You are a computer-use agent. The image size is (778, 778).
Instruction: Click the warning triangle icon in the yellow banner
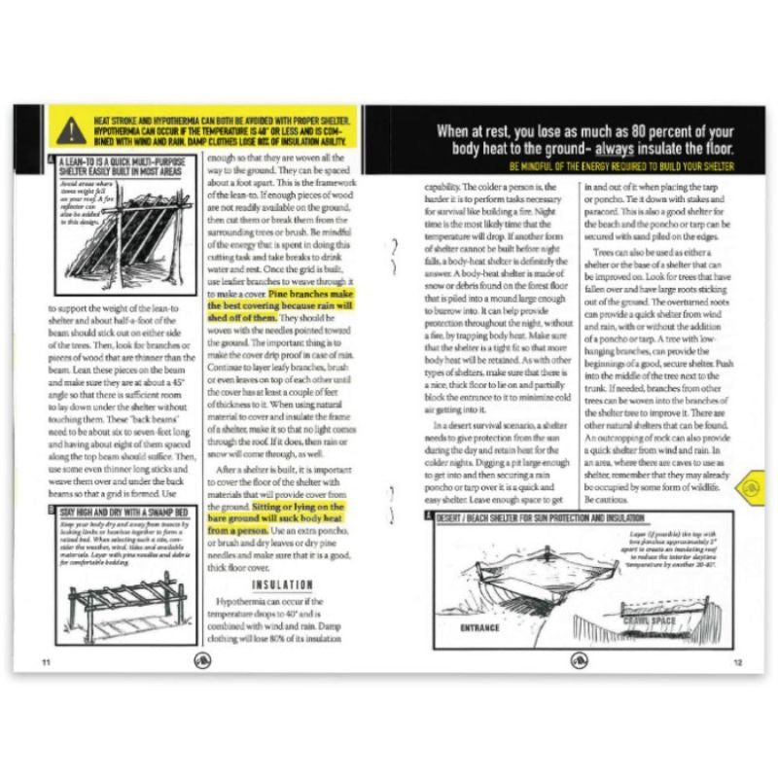(69, 129)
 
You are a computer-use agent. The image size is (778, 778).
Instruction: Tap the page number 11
(46, 662)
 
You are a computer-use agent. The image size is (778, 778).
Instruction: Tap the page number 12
(737, 662)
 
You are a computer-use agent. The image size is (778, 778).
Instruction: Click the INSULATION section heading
(283, 585)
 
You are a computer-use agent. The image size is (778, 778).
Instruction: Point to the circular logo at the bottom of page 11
(202, 660)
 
